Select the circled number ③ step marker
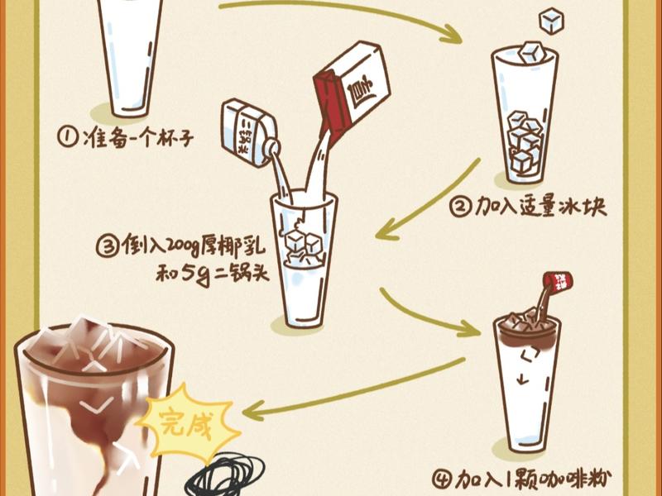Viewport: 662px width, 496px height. (107, 246)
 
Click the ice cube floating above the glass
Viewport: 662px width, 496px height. (551, 21)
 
